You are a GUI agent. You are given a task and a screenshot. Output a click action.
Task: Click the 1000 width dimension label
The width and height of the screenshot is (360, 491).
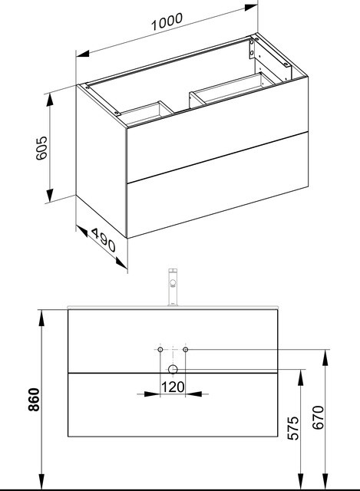167,21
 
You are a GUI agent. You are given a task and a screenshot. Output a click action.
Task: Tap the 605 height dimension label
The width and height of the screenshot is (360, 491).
41,148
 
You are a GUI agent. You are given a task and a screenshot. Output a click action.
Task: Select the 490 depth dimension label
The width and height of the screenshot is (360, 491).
104,240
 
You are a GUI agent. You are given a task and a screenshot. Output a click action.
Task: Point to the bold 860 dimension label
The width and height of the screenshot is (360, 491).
34,399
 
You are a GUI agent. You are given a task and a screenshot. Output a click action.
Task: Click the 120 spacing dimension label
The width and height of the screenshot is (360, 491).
173,387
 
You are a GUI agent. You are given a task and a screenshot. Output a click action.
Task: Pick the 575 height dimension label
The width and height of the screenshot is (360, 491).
293,428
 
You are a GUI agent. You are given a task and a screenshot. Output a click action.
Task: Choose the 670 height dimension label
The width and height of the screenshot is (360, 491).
319,417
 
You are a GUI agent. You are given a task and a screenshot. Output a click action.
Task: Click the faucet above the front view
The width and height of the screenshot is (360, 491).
173,287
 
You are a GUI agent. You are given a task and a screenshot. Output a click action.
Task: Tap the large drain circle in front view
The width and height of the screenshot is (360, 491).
173,370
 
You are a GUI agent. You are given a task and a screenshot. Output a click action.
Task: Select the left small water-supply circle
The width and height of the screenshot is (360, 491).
160,350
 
